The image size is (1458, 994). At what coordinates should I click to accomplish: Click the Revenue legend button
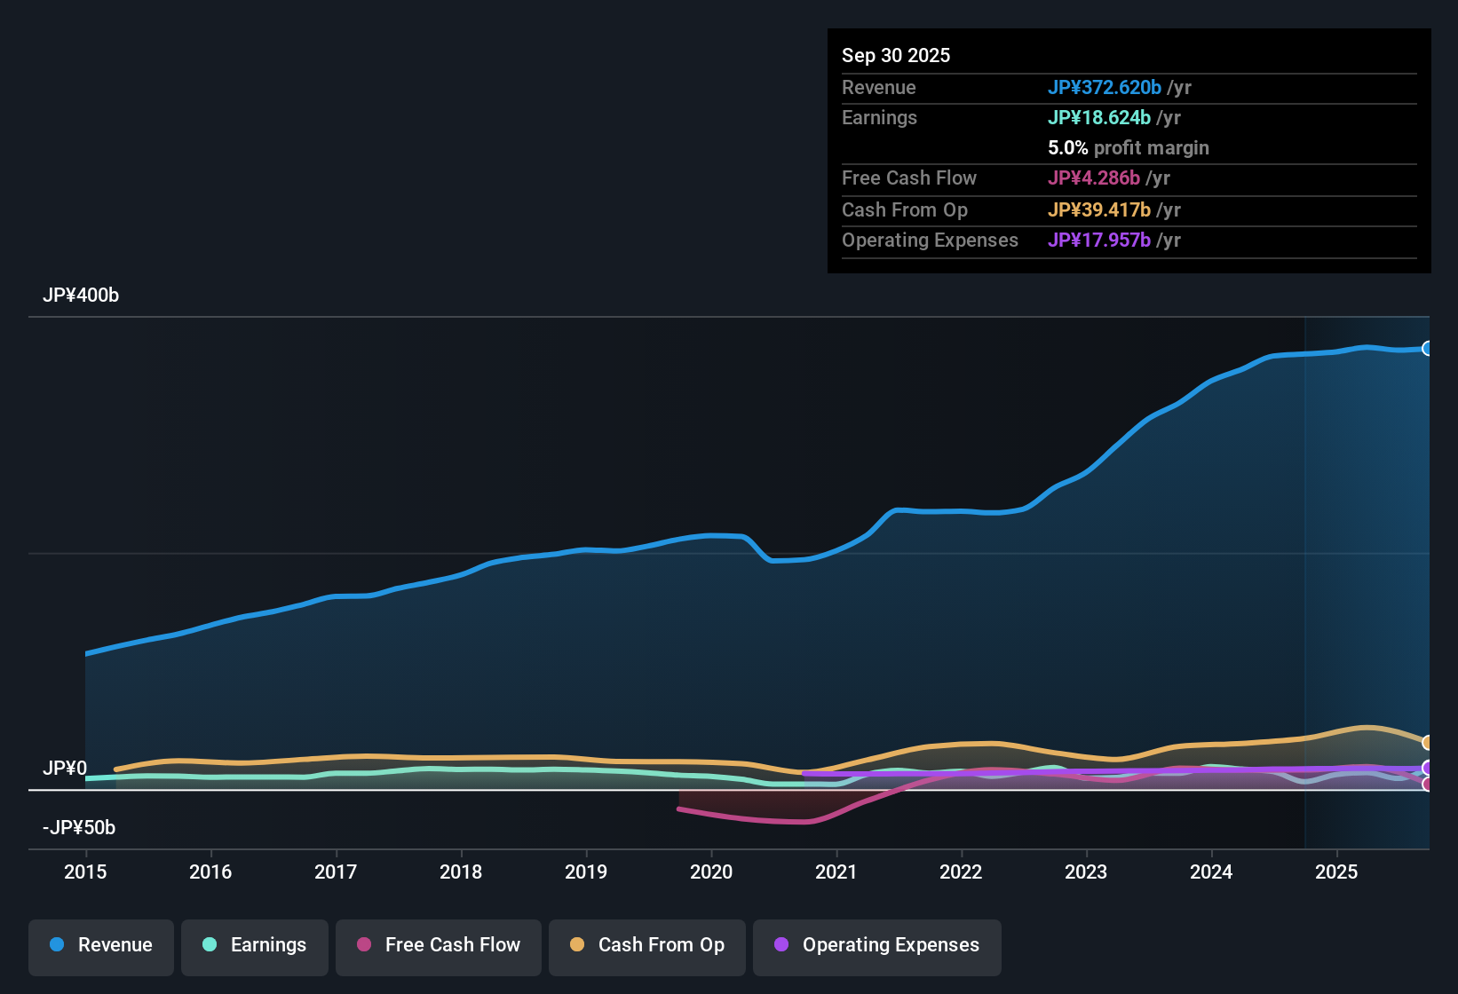coord(101,945)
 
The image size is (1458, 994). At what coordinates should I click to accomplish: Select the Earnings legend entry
coord(255,945)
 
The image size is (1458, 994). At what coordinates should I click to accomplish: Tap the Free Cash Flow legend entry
coord(439,945)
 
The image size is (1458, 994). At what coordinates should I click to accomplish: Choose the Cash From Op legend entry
coord(647,945)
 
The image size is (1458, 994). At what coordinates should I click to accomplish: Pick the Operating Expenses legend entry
coord(877,945)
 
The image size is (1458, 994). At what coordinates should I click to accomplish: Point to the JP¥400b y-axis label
coord(81,296)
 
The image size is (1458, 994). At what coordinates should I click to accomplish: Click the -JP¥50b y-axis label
coord(79,828)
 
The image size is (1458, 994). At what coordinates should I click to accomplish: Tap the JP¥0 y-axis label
coord(65,769)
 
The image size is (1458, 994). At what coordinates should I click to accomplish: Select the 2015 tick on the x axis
coord(85,872)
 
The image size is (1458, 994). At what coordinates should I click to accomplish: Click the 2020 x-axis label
coord(711,872)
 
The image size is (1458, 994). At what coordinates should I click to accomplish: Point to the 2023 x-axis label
coord(1086,872)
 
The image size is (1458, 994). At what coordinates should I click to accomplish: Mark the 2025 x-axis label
coord(1336,872)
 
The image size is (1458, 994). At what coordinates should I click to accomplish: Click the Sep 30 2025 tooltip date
coord(896,56)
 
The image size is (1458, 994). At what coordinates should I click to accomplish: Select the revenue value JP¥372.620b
coord(1105,88)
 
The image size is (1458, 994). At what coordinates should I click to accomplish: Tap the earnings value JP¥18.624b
coord(1099,118)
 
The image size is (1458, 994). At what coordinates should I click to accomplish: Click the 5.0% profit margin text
coord(1129,148)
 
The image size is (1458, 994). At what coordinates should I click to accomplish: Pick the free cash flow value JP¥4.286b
coord(1094,178)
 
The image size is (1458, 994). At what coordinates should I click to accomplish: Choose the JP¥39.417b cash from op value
coord(1099,210)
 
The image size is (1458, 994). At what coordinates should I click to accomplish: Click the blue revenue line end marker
coord(1427,349)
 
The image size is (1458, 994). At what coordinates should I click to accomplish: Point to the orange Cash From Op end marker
coord(1427,743)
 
